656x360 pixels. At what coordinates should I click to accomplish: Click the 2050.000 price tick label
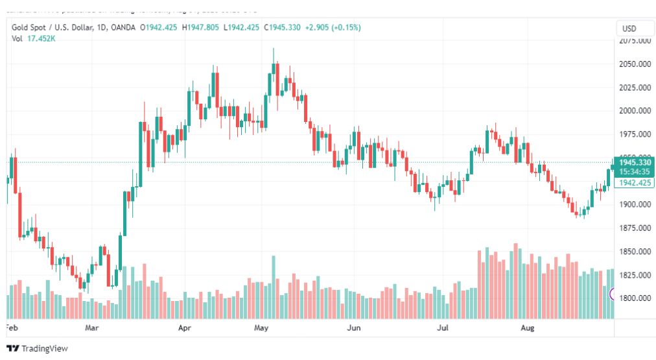(635, 64)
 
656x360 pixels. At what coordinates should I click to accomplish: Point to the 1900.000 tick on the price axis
(635, 205)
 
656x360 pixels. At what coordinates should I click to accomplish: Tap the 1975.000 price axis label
(635, 134)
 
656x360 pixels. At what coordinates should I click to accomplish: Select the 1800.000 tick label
(635, 298)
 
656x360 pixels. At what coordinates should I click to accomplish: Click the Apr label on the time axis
(185, 328)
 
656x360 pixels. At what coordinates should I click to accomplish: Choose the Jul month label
(443, 328)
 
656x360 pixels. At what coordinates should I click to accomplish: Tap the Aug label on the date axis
(528, 328)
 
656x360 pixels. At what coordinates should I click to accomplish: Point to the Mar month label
(92, 328)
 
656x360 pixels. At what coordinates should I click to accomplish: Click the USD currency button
(629, 29)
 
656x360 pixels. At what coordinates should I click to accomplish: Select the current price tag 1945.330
(635, 162)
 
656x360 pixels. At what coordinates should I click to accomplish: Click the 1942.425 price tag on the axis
(635, 184)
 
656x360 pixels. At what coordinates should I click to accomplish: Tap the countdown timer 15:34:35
(635, 172)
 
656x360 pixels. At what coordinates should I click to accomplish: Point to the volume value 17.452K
(41, 38)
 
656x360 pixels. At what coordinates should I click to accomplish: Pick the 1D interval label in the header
(99, 28)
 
